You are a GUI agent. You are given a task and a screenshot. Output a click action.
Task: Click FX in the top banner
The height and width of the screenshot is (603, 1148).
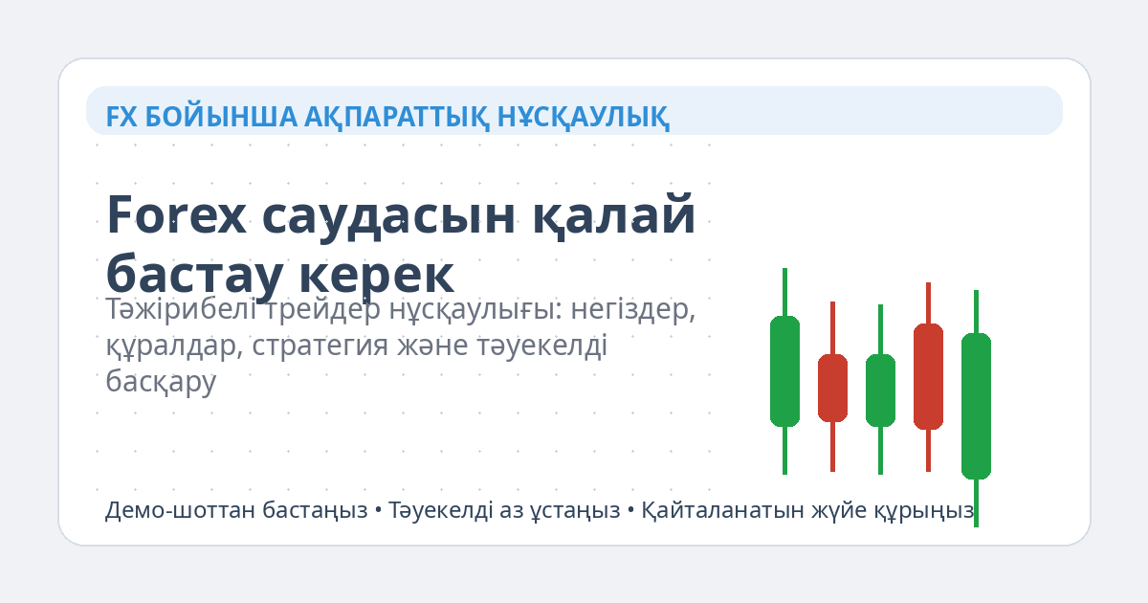(121, 117)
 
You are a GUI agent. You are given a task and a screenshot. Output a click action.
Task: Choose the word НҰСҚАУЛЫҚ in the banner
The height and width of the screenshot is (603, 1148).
(583, 117)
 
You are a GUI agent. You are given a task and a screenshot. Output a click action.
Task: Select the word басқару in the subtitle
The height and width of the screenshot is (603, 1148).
(161, 380)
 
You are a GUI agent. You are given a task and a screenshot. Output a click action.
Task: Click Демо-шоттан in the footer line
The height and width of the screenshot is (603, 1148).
(166, 510)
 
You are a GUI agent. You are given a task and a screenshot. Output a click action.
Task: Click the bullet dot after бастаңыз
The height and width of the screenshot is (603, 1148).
(378, 511)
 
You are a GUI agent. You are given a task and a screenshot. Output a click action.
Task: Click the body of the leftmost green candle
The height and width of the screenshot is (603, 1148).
(784, 370)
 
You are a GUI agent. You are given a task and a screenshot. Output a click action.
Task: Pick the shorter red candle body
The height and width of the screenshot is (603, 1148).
(832, 388)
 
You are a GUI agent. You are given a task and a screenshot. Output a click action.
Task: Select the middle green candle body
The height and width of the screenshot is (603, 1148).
(880, 390)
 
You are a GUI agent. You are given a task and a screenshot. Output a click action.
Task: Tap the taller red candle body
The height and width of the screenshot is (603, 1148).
(928, 376)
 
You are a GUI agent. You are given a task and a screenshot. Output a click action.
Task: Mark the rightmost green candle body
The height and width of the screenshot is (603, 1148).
(976, 406)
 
